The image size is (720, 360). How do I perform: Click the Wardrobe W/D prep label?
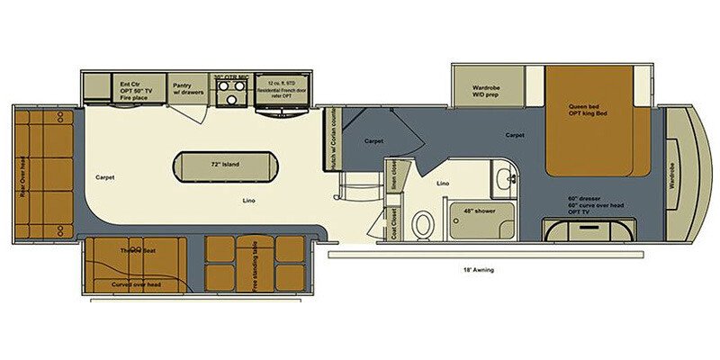click(486, 93)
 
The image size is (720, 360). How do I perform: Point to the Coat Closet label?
click(394, 220)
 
